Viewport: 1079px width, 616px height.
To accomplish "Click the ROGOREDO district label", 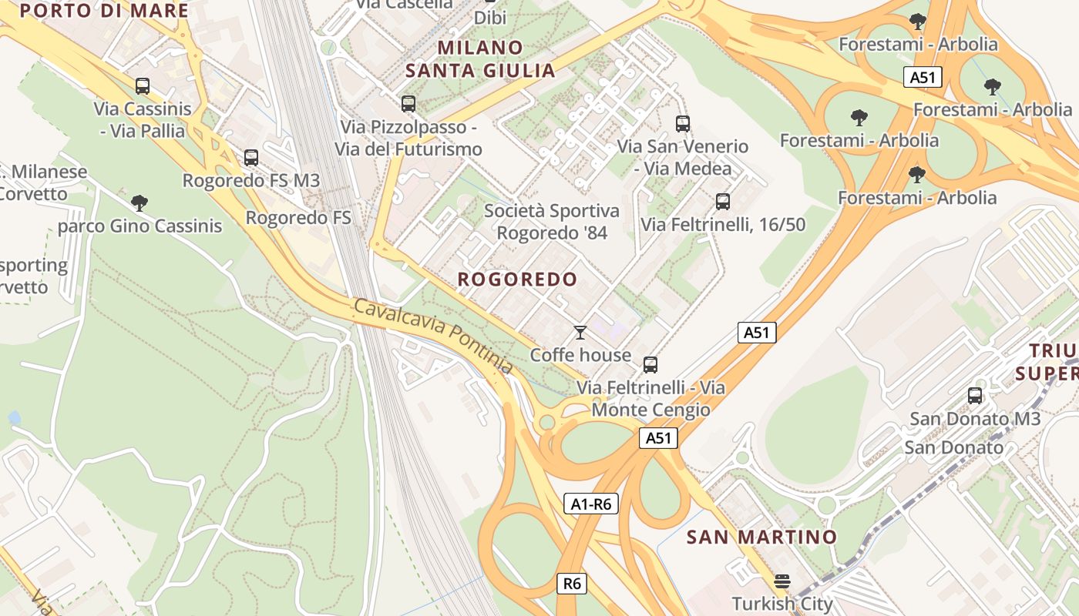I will pyautogui.click(x=517, y=280).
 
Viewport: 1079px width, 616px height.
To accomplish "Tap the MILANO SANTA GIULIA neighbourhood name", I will pyautogui.click(x=480, y=59).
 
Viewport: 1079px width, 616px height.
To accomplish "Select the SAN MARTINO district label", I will pyautogui.click(x=761, y=537).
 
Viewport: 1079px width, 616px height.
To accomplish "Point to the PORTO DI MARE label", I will pyautogui.click(x=103, y=11).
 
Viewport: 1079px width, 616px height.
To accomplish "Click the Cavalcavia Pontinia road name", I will pyautogui.click(x=433, y=336).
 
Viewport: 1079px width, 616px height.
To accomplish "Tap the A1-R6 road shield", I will pyautogui.click(x=591, y=504).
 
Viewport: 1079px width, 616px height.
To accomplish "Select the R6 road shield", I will pyautogui.click(x=572, y=584).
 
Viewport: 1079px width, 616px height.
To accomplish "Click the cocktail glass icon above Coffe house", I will pyautogui.click(x=580, y=333).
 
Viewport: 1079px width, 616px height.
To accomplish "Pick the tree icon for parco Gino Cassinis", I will pyautogui.click(x=139, y=203).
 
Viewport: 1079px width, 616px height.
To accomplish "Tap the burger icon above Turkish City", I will pyautogui.click(x=782, y=581).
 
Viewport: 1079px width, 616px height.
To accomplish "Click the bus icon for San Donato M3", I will pyautogui.click(x=975, y=396).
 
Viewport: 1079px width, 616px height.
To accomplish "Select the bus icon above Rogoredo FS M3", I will pyautogui.click(x=251, y=158).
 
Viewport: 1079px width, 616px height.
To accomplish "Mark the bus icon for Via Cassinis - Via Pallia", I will pyautogui.click(x=142, y=86).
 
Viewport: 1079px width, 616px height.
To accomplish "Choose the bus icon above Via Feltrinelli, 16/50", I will pyautogui.click(x=723, y=202).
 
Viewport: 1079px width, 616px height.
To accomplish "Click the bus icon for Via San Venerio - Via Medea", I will pyautogui.click(x=683, y=123).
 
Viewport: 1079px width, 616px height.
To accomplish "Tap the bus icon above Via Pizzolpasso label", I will pyautogui.click(x=408, y=103).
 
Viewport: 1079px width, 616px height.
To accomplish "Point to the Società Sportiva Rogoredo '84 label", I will pyautogui.click(x=552, y=221).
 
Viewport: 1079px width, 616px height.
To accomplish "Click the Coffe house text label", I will pyautogui.click(x=580, y=356).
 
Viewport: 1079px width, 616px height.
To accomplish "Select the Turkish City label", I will pyautogui.click(x=782, y=604).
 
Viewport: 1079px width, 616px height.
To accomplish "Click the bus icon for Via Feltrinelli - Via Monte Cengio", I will pyautogui.click(x=650, y=365).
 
